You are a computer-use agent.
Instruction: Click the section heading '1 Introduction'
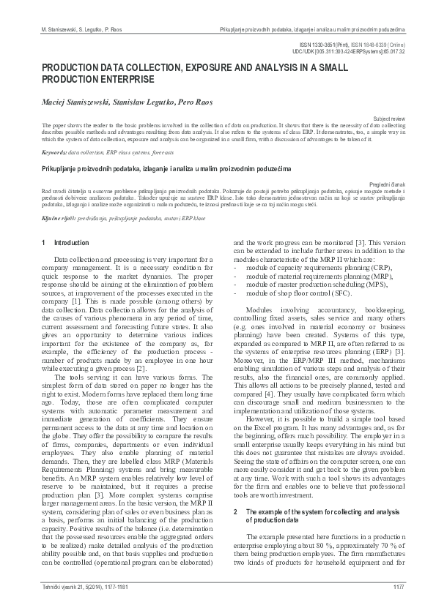[66, 242]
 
